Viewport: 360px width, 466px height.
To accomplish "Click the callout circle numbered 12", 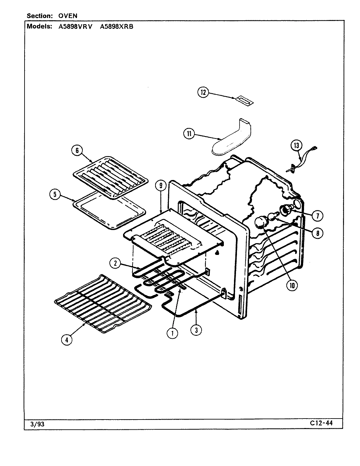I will [203, 93].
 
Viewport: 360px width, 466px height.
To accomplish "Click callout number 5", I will [55, 195].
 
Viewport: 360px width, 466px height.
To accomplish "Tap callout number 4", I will [67, 340].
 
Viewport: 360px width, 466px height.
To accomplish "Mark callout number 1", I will [172, 333].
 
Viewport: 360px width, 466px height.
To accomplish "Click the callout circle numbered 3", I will [196, 330].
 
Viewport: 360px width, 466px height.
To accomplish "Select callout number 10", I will [292, 285].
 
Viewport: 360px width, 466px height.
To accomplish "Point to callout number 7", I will [317, 216].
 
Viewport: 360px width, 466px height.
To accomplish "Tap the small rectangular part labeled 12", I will [244, 100].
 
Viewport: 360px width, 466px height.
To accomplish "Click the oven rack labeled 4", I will [103, 304].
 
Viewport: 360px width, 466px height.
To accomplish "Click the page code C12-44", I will [321, 423].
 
